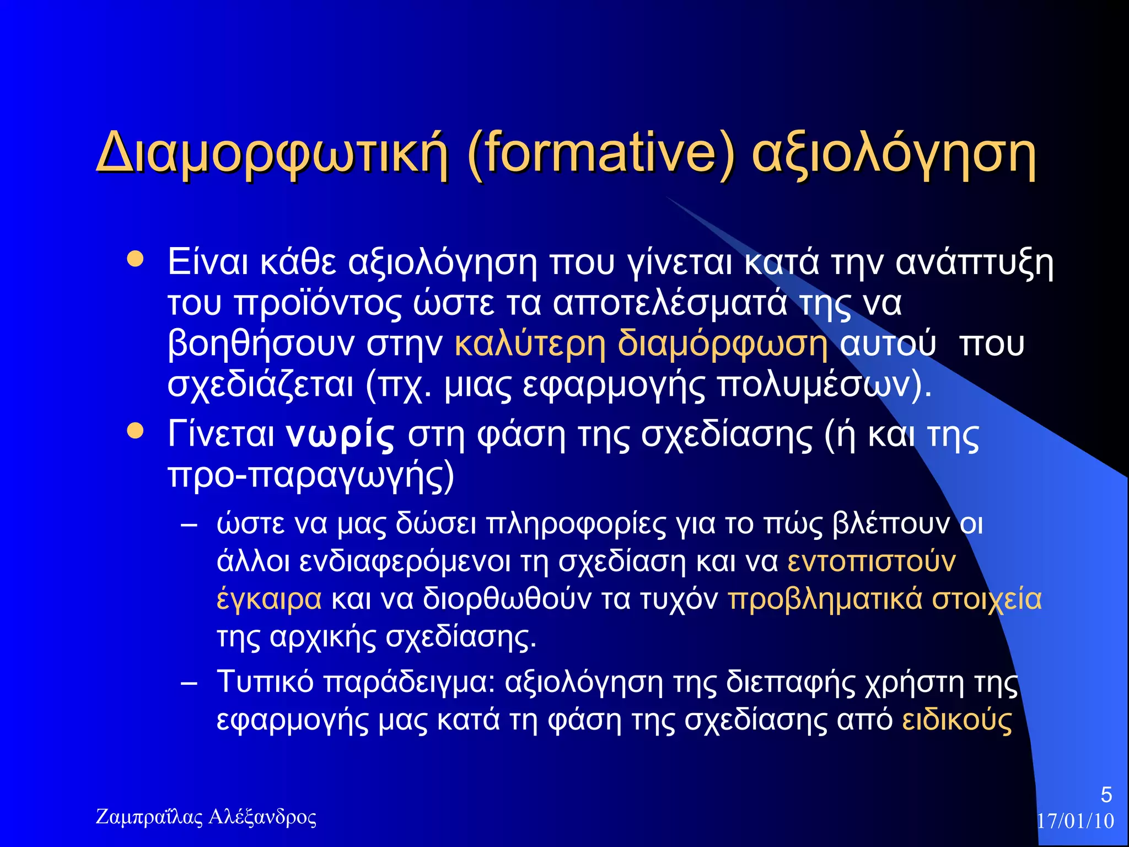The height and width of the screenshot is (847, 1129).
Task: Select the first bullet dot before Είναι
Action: tap(135, 259)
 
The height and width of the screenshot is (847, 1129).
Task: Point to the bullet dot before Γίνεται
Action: tap(135, 431)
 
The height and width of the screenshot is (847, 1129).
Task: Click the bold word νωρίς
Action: tap(340, 435)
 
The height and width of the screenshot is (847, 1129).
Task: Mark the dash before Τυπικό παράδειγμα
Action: tap(189, 683)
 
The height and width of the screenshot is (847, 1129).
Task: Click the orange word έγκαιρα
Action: tap(269, 599)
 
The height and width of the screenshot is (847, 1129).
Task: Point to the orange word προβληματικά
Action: tap(825, 599)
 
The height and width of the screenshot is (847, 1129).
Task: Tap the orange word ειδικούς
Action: tap(957, 720)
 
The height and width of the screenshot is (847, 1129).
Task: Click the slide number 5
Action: tap(1106, 795)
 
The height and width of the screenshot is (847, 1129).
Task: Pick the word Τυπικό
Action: tap(265, 682)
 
